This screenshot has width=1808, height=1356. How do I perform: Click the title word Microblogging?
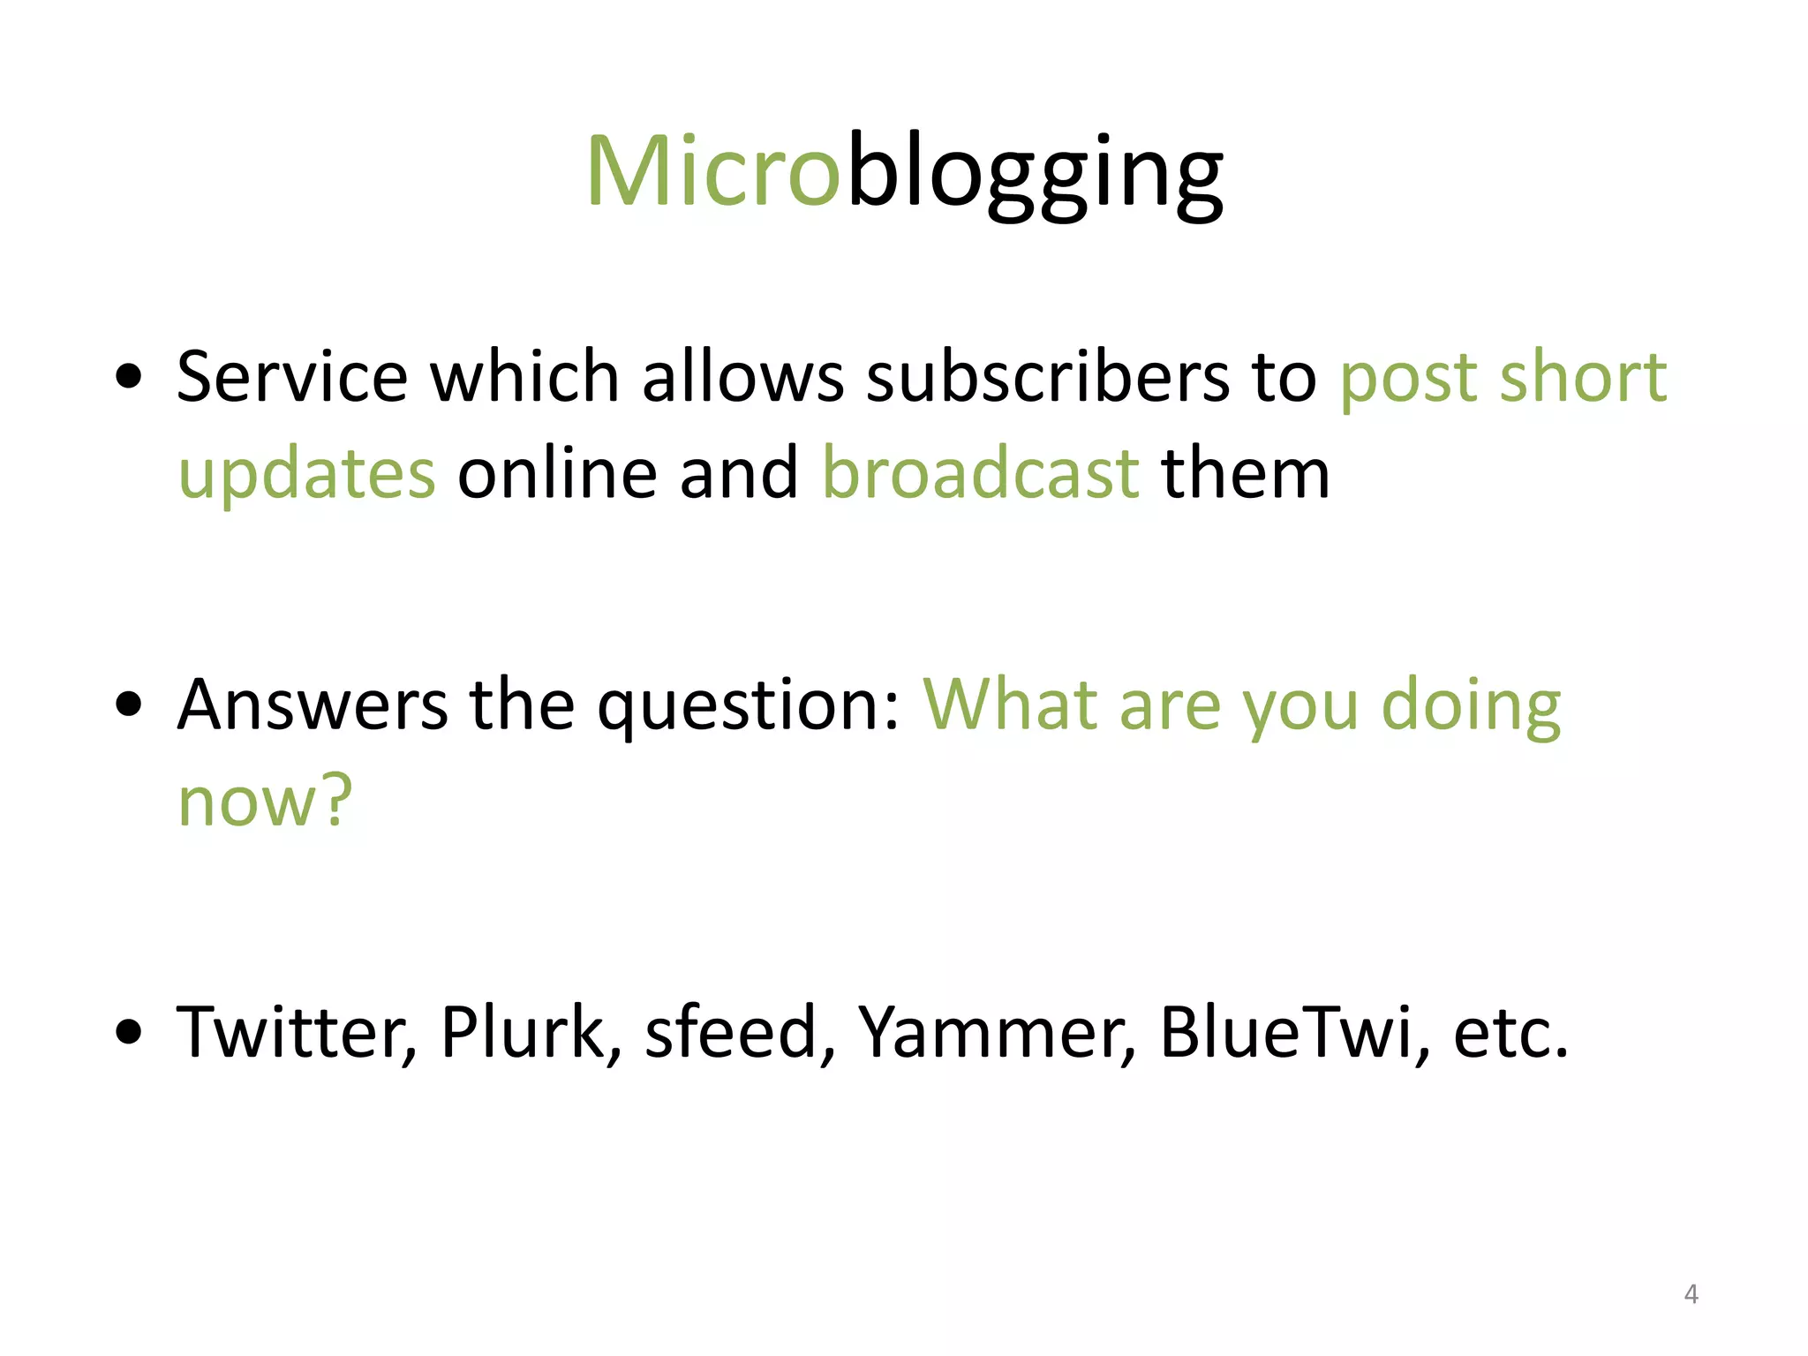tap(904, 172)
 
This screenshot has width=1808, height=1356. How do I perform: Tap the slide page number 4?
tap(1691, 1294)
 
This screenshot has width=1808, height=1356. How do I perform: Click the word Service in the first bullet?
tap(291, 377)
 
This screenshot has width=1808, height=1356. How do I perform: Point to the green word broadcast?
tap(981, 474)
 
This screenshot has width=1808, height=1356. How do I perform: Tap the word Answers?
tap(312, 705)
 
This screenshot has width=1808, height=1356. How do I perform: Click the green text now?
tap(265, 802)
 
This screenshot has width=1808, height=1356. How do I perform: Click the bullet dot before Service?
tap(129, 377)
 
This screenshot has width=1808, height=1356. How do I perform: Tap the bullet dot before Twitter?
tap(129, 1031)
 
